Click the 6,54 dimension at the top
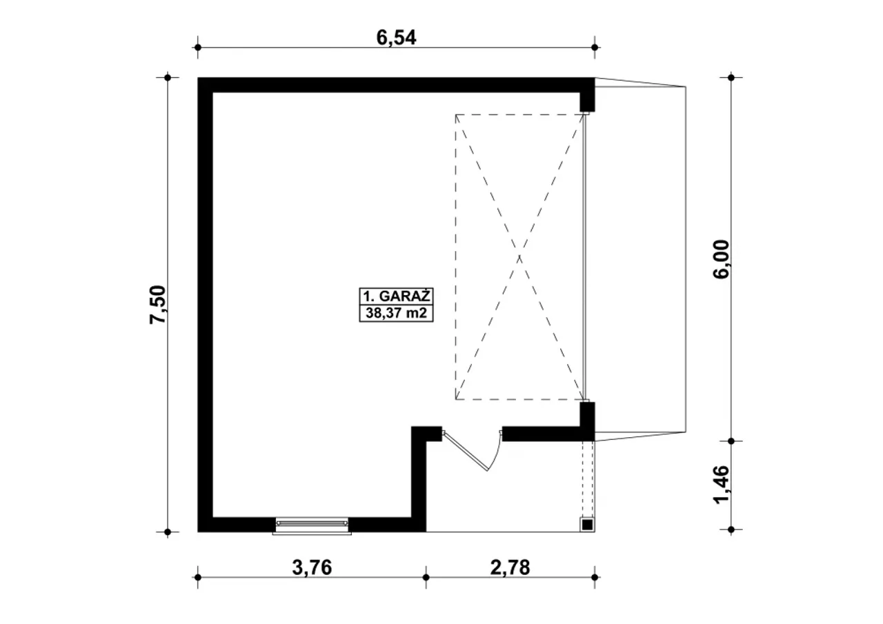[x=396, y=38]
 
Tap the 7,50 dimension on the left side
[x=159, y=305]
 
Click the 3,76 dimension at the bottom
[x=312, y=567]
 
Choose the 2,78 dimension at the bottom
[x=510, y=567]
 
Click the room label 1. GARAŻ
[x=396, y=296]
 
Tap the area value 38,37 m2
[x=396, y=313]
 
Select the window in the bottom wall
[x=312, y=526]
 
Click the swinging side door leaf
[x=465, y=451]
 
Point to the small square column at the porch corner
[x=587, y=525]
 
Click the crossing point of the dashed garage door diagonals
[x=519, y=257]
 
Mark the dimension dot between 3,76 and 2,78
[x=426, y=578]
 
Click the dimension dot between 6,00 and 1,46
[x=731, y=441]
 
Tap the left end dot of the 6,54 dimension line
[x=198, y=48]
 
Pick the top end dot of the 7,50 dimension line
[x=168, y=78]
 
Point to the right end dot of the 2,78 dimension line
[x=595, y=578]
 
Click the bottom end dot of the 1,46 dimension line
[x=731, y=530]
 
